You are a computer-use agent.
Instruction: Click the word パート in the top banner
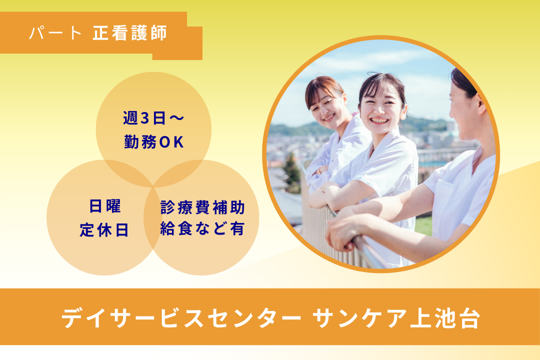55,33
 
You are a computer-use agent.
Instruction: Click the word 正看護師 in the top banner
129,33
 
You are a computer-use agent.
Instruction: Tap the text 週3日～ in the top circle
153,118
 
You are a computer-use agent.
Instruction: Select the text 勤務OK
154,142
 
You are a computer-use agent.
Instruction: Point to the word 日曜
106,206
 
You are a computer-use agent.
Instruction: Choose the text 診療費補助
202,206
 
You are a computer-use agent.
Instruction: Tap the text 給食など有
202,229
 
